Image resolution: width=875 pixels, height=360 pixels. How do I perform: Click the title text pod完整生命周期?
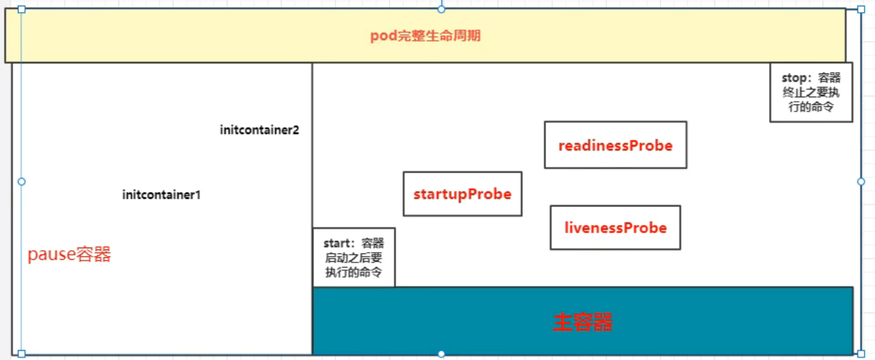425,36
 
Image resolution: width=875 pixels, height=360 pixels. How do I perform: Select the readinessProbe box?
615,145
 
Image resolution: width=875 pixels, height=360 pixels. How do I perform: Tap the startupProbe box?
462,194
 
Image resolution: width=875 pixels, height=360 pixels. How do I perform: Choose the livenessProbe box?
615,228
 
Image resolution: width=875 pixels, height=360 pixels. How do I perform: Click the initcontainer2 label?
259,130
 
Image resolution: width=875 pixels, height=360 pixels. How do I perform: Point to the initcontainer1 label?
161,194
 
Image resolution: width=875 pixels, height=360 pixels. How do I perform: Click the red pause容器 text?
69,255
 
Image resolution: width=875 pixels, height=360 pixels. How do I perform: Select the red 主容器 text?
582,322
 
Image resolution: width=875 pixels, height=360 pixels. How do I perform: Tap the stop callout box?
811,92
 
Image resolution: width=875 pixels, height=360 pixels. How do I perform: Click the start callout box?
353,257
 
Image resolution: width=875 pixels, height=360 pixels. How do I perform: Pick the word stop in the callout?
794,78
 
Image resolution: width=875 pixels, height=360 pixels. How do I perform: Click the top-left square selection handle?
21,9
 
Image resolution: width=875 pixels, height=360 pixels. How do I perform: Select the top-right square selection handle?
861,9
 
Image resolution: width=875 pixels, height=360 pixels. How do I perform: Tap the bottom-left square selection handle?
21,354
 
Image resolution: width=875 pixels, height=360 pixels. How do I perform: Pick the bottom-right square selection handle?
861,354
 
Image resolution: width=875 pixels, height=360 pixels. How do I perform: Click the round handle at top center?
441,9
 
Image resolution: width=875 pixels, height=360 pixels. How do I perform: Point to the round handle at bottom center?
441,354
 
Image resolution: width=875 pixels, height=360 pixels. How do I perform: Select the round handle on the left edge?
21,182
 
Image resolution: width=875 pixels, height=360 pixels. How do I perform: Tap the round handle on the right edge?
861,182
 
